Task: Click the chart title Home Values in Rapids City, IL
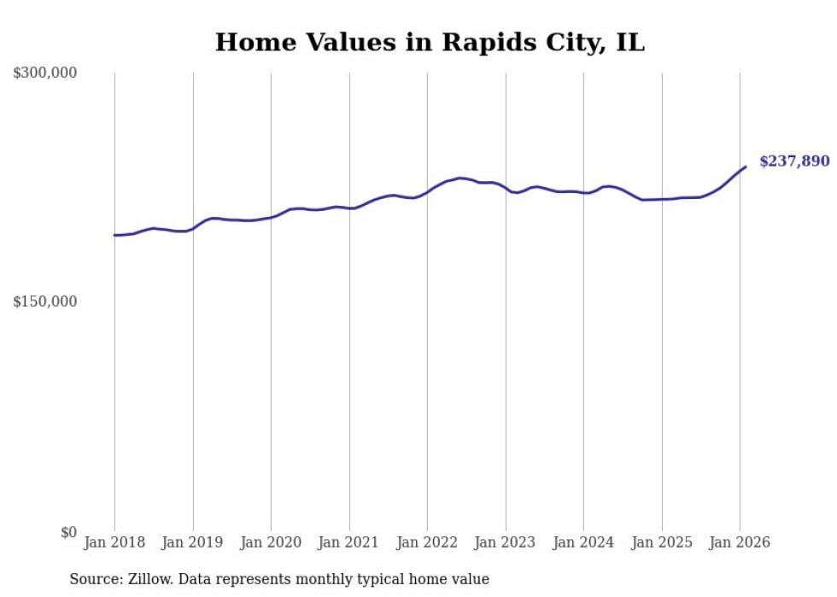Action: click(430, 42)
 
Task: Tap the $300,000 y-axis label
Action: click(45, 73)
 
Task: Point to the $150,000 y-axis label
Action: click(45, 301)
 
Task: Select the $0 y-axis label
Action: click(68, 532)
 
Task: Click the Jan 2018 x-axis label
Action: click(114, 542)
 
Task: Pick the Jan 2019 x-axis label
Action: click(192, 542)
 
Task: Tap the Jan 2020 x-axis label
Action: click(271, 542)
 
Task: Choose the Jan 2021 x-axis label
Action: click(348, 542)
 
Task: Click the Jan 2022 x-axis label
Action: click(427, 542)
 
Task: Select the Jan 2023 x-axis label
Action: click(505, 542)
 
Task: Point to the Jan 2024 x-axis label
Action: click(583, 542)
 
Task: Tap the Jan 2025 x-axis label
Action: click(661, 542)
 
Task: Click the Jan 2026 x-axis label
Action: click(740, 542)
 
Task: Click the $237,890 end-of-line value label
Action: click(794, 161)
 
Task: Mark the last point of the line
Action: click(746, 167)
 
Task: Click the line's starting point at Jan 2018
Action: click(114, 235)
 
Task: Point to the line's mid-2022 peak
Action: click(459, 178)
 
